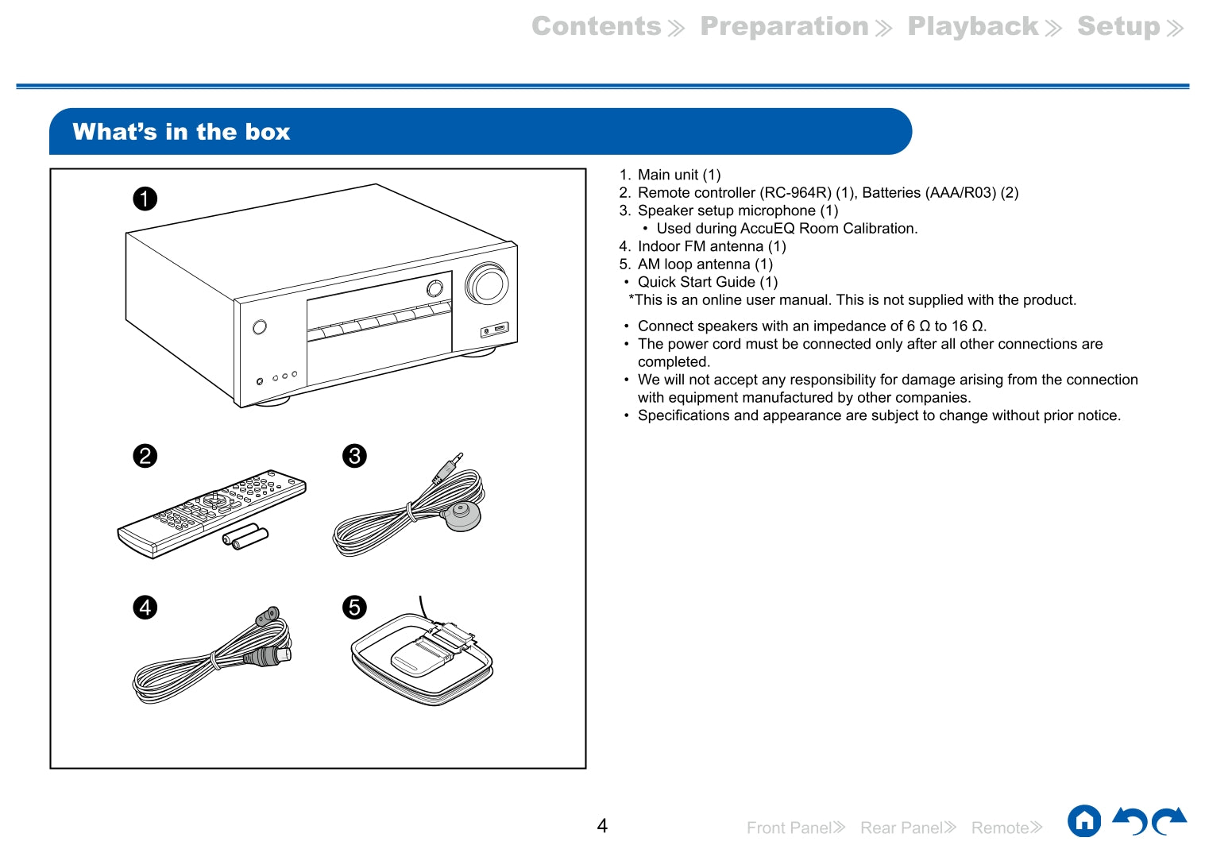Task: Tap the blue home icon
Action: (1084, 821)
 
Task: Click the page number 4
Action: (602, 826)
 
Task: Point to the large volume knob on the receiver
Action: (487, 284)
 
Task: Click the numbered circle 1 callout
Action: (145, 198)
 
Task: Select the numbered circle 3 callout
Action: (354, 456)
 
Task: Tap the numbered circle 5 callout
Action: (354, 608)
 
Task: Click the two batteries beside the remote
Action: (245, 538)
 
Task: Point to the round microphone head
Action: (462, 515)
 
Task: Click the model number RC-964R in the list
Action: (796, 193)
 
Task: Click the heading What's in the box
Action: (181, 132)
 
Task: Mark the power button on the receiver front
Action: (259, 327)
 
